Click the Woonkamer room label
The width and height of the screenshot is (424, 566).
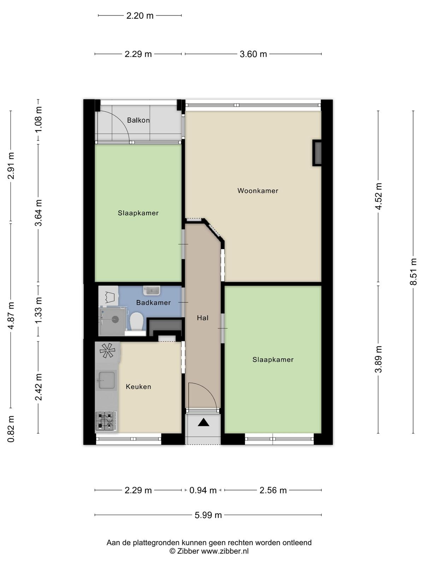(258, 191)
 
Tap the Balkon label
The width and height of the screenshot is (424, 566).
(138, 120)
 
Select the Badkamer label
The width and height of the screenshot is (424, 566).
(153, 302)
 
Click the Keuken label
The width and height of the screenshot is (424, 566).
(139, 387)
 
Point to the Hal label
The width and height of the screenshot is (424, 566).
(202, 318)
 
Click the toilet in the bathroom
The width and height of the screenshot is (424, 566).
(136, 322)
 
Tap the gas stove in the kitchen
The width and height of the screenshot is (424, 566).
(106, 421)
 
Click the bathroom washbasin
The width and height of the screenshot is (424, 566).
(152, 290)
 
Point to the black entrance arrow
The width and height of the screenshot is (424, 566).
(204, 422)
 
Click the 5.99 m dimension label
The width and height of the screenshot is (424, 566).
(208, 515)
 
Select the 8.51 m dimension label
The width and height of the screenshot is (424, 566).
(413, 272)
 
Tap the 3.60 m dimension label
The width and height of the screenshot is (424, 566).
(253, 54)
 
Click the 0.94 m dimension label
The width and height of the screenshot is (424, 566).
(203, 490)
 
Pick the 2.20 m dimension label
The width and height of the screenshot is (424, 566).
(140, 16)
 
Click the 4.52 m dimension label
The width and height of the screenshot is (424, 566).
(378, 196)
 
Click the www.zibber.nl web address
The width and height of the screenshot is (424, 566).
(225, 551)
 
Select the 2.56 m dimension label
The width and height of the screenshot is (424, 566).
(273, 490)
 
